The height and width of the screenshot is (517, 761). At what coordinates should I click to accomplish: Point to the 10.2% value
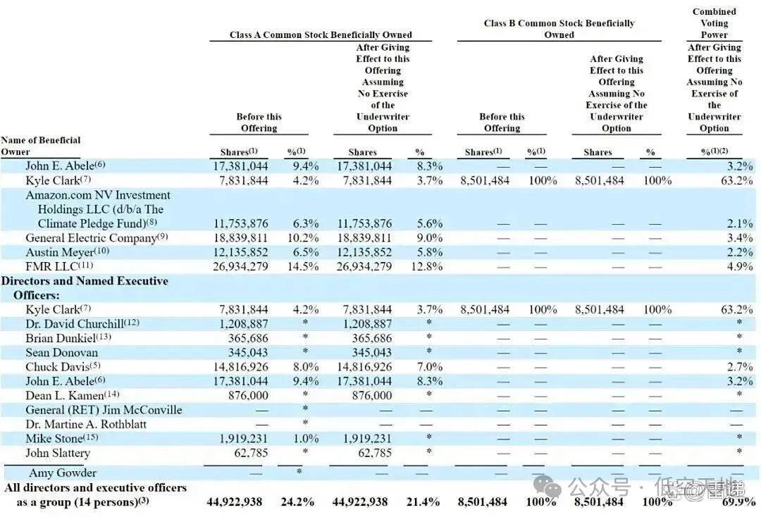(304, 238)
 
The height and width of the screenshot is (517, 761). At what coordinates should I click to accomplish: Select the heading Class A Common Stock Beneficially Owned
(321, 35)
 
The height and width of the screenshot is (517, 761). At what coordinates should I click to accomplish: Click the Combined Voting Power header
(714, 23)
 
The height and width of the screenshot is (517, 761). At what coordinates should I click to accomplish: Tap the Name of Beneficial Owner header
(41, 146)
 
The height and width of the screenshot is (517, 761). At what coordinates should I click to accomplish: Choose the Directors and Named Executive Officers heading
(87, 287)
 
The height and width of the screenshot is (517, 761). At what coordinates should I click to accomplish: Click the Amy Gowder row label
(63, 473)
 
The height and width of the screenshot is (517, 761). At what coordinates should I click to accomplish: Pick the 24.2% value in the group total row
(304, 502)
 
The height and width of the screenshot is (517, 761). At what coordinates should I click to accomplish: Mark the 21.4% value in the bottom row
(425, 502)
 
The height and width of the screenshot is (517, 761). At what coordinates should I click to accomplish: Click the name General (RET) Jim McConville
(104, 410)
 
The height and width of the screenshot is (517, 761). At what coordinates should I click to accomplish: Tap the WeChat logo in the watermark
(547, 487)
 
